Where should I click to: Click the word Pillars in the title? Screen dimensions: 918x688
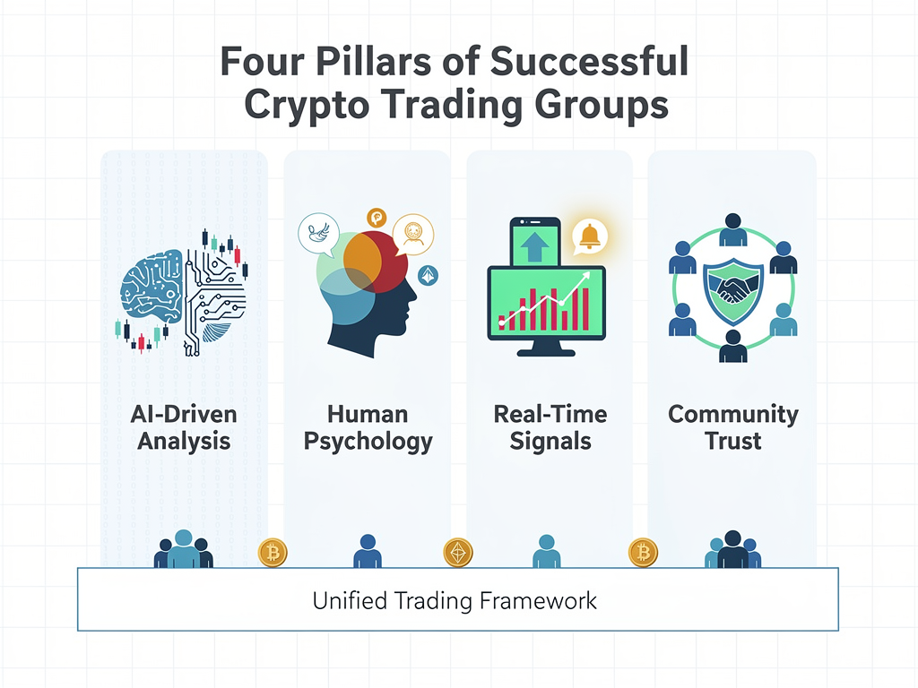(373, 62)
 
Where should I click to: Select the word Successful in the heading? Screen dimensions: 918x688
(589, 62)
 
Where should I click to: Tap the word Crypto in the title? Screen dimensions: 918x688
(307, 107)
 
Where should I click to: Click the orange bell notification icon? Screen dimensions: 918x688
(590, 236)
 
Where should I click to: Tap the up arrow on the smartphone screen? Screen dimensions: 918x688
(534, 246)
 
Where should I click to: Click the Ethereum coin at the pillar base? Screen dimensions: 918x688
(458, 553)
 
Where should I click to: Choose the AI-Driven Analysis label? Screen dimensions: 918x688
(184, 427)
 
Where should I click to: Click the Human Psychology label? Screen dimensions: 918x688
(368, 427)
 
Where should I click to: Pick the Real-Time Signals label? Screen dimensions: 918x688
(550, 427)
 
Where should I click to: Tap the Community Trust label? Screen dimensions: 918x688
(733, 427)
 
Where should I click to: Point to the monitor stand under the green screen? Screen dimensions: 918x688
(546, 348)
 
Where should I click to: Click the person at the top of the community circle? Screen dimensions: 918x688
(733, 230)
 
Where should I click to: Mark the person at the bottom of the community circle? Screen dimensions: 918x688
(733, 347)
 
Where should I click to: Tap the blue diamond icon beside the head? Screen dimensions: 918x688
(428, 276)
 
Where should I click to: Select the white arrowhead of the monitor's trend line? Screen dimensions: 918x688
(585, 278)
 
